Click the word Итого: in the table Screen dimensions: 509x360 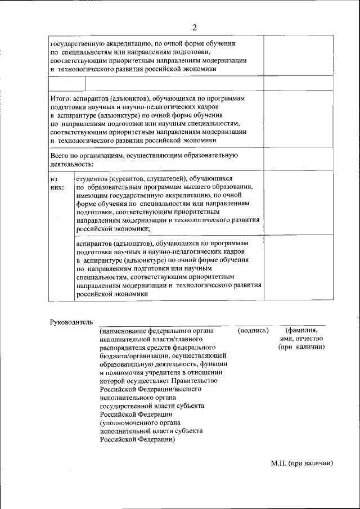pos(61,98)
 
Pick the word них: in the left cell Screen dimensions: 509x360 pos(57,186)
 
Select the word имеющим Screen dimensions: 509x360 pos(92,195)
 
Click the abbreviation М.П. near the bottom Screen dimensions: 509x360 pos(278,463)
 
